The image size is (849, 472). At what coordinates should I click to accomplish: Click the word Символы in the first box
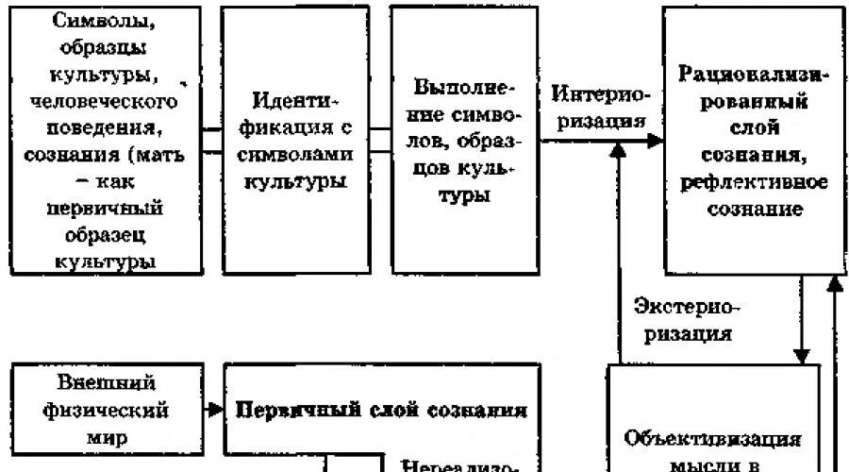click(x=105, y=24)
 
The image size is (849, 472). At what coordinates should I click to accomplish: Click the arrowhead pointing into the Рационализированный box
click(x=654, y=140)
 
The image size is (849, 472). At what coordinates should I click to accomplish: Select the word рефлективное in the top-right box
click(x=753, y=182)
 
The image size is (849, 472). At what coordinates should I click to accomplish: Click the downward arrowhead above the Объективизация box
click(x=801, y=355)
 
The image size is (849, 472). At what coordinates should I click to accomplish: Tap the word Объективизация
click(x=715, y=439)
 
